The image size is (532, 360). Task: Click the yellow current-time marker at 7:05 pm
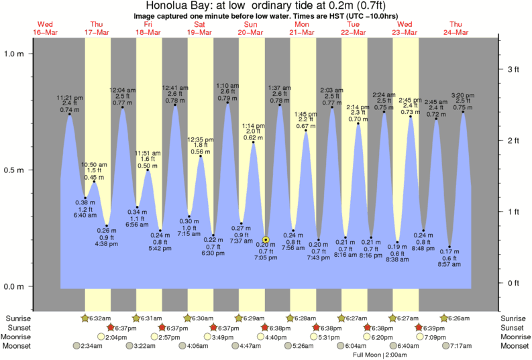(x=266, y=239)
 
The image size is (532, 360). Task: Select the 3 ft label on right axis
(x=513, y=69)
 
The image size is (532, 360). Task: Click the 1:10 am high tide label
(x=227, y=85)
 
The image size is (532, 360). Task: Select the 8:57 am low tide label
(x=449, y=263)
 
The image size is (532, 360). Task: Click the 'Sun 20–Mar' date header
(x=252, y=27)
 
